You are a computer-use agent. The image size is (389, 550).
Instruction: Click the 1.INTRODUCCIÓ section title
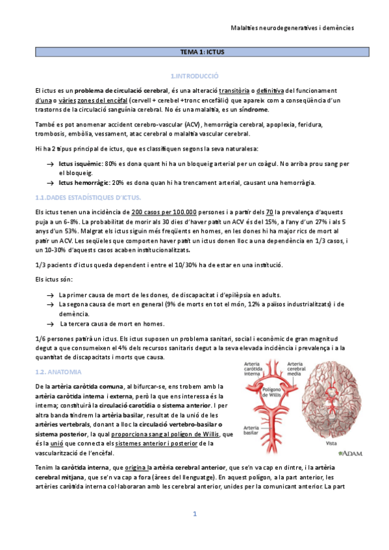pyautogui.click(x=194, y=76)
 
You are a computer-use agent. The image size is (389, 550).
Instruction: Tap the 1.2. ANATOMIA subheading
pyautogui.click(x=58, y=372)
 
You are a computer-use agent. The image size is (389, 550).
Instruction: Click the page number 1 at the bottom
pyautogui.click(x=194, y=514)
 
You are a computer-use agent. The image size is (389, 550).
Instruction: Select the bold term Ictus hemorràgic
pyautogui.click(x=82, y=182)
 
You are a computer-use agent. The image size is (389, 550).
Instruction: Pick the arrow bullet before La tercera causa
pyautogui.click(x=50, y=324)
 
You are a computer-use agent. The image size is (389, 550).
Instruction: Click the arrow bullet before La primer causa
pyautogui.click(x=50, y=295)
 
